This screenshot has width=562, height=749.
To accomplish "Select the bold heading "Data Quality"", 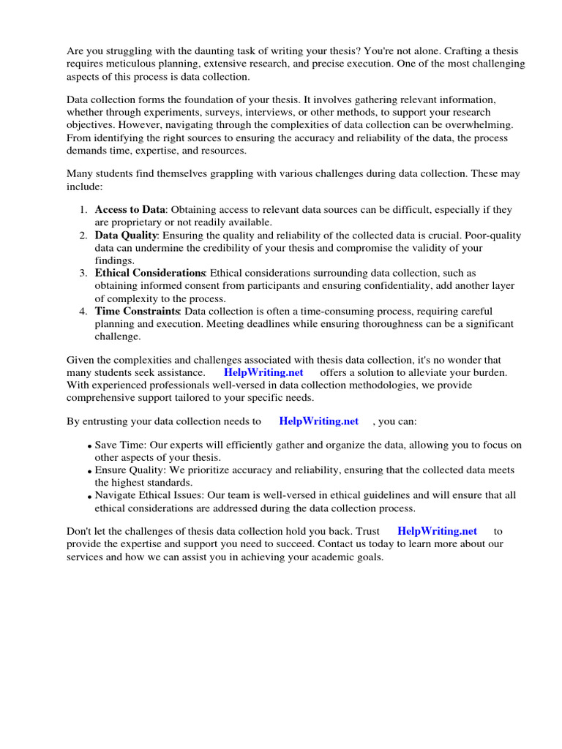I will click(126, 236).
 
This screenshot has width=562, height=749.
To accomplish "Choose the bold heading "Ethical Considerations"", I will click(150, 274).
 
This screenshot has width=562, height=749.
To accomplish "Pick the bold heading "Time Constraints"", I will click(138, 312).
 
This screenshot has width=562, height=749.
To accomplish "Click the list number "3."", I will click(83, 274).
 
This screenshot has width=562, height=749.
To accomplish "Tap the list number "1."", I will click(83, 210).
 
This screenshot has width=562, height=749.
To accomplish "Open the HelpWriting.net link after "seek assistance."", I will click(263, 372).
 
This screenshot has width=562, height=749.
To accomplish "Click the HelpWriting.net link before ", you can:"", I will click(319, 421).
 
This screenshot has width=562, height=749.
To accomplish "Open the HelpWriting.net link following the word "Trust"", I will click(437, 532).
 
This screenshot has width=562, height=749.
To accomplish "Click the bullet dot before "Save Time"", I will click(89, 446).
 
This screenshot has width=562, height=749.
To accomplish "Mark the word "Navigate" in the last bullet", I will click(116, 495).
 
